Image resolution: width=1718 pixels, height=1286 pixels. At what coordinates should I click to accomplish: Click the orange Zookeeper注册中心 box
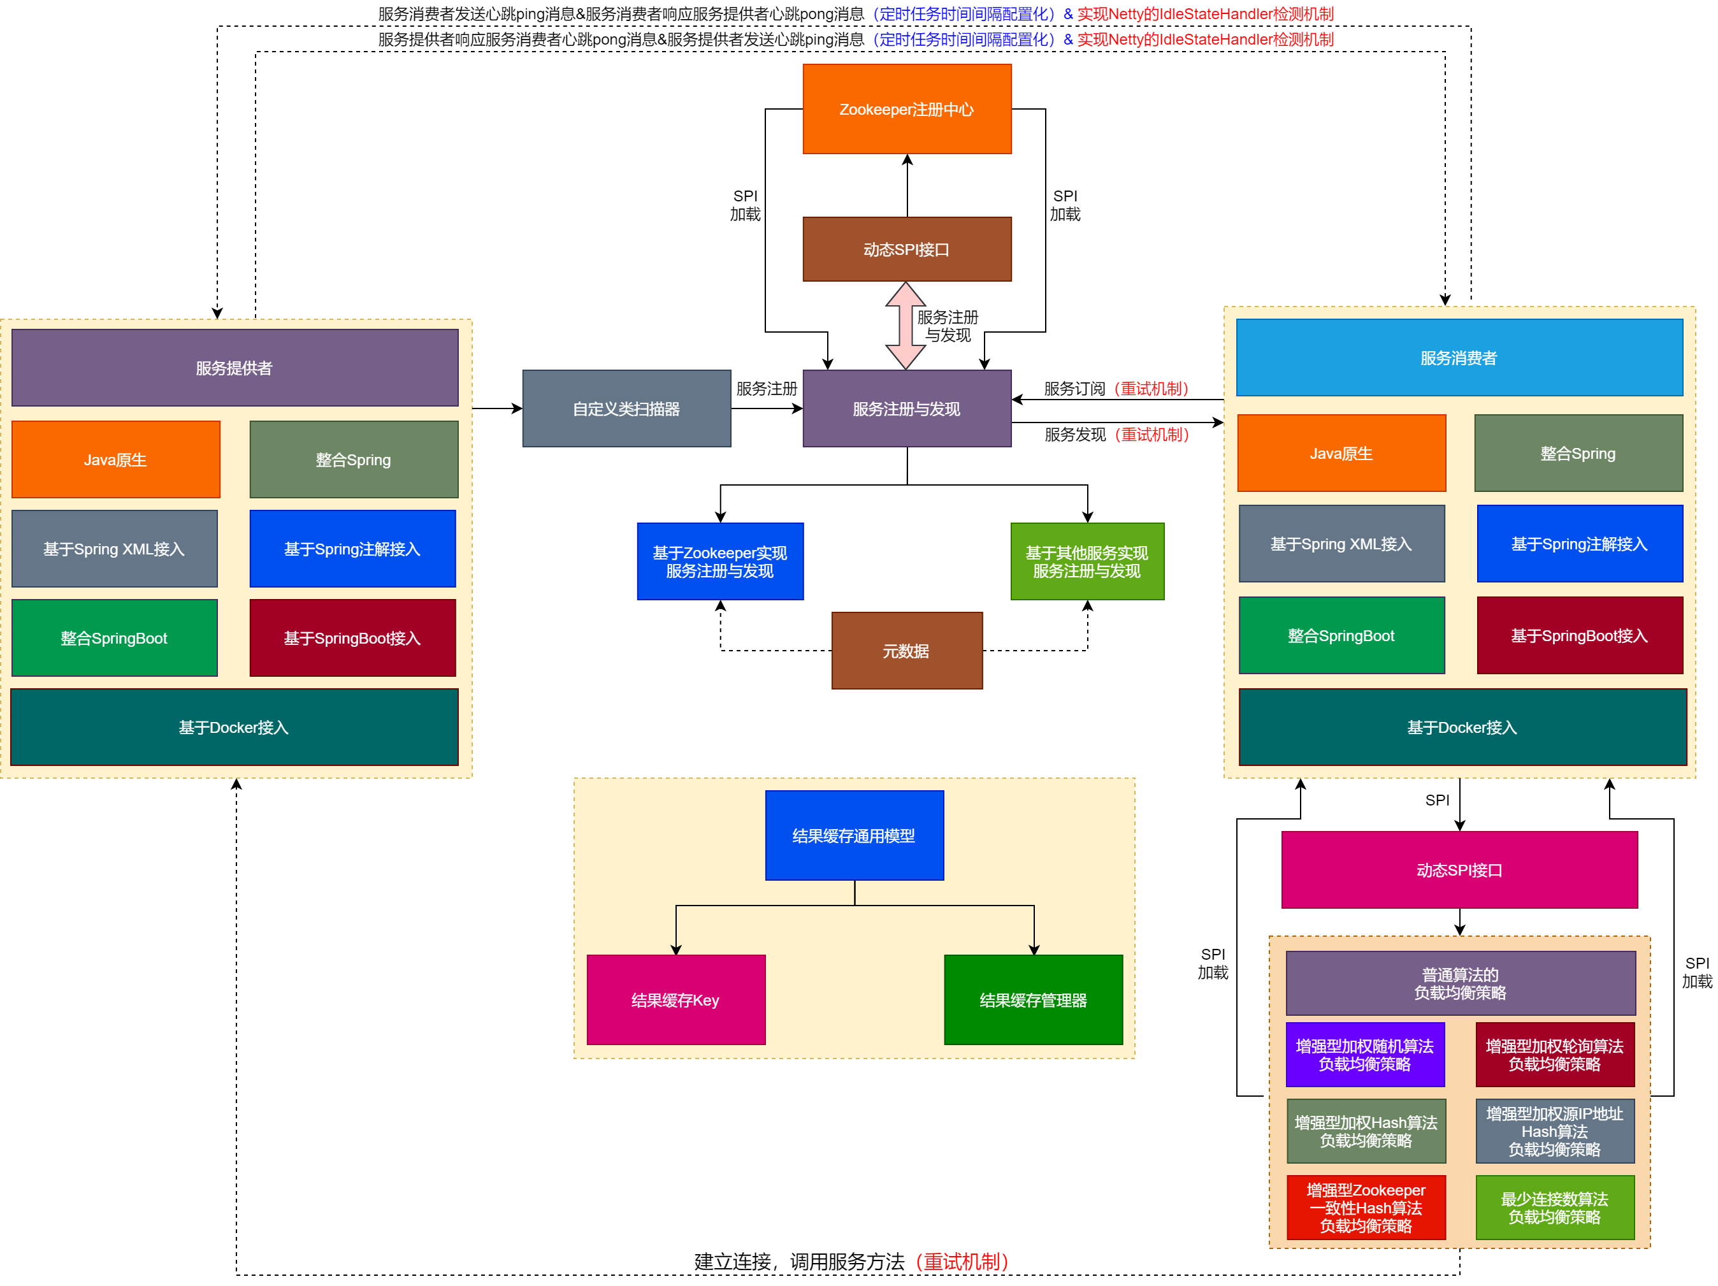tap(906, 109)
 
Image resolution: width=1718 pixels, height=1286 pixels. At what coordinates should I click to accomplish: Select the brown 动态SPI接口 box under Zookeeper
tap(906, 249)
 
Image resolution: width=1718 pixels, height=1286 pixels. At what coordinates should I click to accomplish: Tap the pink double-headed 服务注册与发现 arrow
tap(905, 326)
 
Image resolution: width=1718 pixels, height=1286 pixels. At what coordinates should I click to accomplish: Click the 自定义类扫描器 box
tap(626, 408)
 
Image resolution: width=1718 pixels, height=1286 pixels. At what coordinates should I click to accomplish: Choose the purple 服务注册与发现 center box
tap(906, 408)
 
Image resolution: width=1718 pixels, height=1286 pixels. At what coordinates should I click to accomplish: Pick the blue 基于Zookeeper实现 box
tap(720, 561)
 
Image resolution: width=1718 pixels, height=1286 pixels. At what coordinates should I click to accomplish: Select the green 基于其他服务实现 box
tap(1086, 561)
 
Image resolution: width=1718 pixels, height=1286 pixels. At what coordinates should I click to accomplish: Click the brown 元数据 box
tap(906, 651)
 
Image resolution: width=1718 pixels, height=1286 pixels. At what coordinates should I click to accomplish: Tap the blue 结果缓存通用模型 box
tap(853, 835)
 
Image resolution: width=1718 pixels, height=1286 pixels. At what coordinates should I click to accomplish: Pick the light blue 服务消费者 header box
tap(1459, 358)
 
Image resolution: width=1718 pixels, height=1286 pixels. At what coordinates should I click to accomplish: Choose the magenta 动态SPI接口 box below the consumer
tap(1459, 870)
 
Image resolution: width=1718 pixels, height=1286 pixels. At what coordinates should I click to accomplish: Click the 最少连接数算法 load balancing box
tap(1554, 1208)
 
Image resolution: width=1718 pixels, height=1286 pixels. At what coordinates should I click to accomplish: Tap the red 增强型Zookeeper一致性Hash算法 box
tap(1366, 1208)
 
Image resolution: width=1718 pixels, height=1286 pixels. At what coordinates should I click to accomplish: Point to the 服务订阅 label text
tap(1074, 388)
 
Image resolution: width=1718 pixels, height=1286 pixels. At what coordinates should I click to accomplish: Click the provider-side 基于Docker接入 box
tap(235, 728)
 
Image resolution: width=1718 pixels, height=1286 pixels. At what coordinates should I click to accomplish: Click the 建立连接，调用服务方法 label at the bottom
tap(800, 1262)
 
